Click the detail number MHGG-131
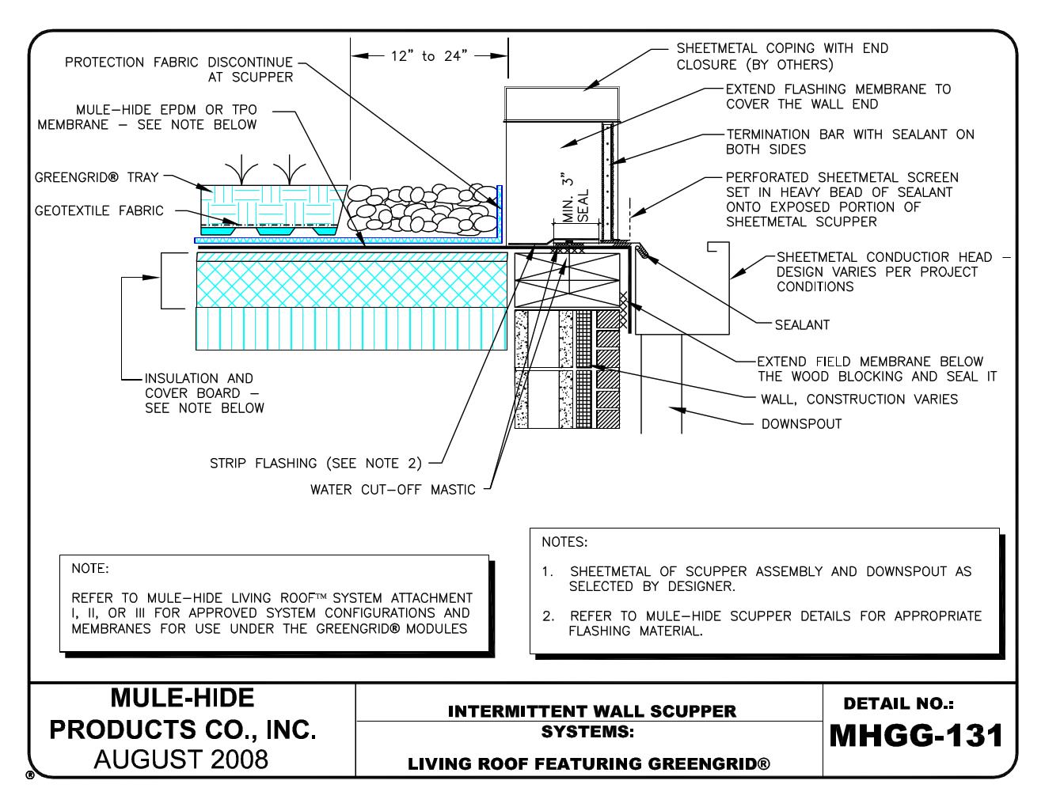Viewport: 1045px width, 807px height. point(916,736)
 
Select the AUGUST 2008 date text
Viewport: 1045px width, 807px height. point(181,760)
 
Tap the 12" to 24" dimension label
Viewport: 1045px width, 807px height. point(429,56)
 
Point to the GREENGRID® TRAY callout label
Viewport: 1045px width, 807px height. point(97,178)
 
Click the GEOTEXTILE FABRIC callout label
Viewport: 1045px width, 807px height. point(99,211)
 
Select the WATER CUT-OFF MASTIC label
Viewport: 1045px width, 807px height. point(393,490)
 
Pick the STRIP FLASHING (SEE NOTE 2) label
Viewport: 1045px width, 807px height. point(316,463)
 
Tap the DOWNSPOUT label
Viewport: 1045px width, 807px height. point(801,424)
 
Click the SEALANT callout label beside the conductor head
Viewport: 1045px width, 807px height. point(803,324)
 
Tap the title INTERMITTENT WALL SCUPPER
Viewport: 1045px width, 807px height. point(591,711)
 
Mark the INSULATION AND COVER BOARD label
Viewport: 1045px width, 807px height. point(203,393)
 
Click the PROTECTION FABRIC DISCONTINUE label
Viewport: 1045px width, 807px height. point(179,70)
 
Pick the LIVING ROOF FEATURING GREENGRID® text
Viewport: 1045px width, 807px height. point(589,764)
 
